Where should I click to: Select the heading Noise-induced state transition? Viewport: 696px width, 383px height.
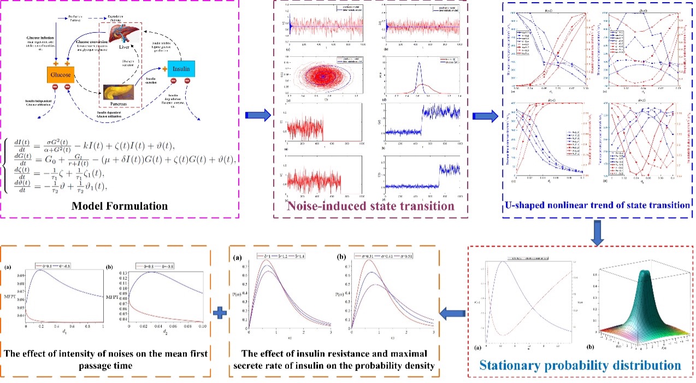pyautogui.click(x=363, y=206)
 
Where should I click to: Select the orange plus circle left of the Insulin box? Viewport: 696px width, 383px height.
pyautogui.click(x=162, y=69)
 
